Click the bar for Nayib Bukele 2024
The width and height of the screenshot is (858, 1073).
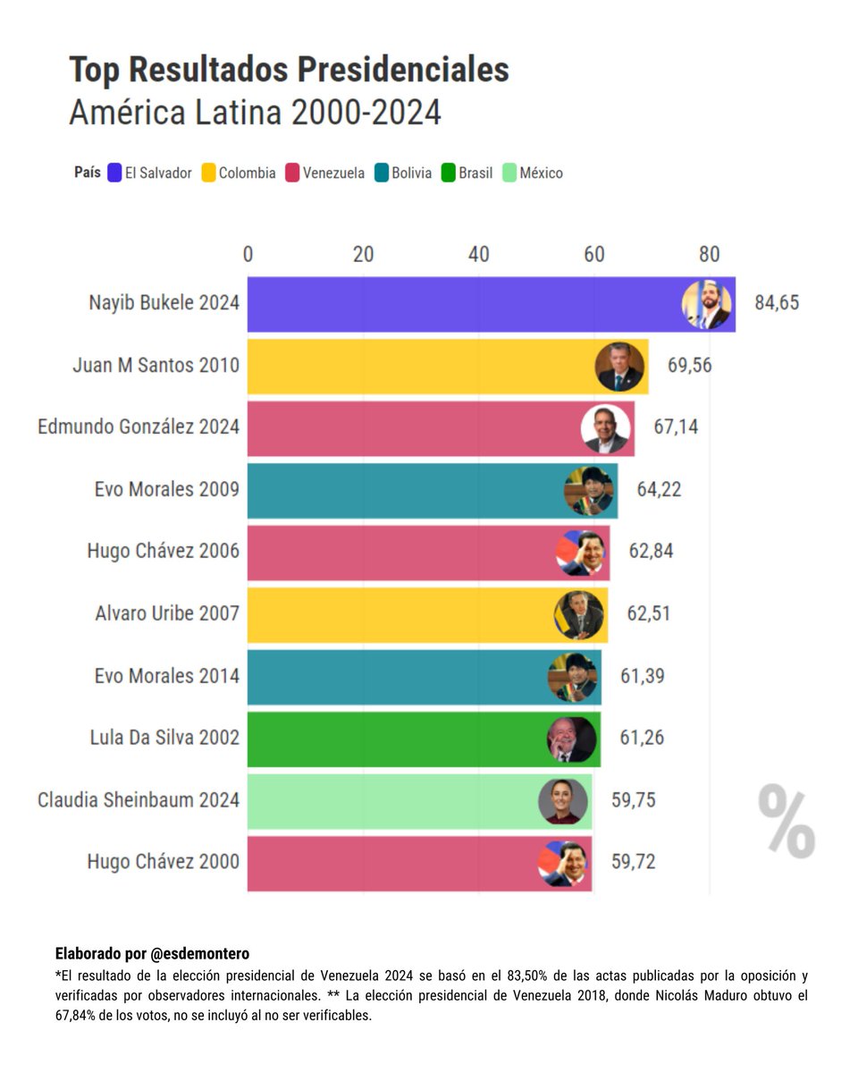click(465, 304)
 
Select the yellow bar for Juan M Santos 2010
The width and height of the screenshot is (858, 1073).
click(420, 366)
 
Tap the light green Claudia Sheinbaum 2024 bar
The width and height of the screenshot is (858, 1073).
click(393, 800)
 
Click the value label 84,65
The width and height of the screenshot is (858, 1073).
click(776, 303)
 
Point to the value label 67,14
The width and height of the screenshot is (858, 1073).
click(676, 427)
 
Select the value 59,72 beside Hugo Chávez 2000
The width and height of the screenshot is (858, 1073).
click(633, 863)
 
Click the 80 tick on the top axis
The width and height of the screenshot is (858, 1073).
click(709, 255)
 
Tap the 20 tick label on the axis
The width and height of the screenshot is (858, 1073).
click(363, 255)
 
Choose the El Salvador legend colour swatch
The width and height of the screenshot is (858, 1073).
click(114, 173)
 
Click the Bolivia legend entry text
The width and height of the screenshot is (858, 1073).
click(411, 173)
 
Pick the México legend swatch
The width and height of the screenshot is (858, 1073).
click(510, 173)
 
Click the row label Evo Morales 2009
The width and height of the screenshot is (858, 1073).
click(166, 489)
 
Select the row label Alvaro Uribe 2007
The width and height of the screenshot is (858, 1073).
click(167, 613)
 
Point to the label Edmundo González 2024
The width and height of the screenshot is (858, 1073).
click(139, 427)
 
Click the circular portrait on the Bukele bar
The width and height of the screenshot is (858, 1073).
click(706, 305)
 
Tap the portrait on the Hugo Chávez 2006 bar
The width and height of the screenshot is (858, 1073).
click(580, 553)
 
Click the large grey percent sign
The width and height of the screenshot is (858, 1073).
click(786, 821)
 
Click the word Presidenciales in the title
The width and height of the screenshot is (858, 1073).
click(403, 70)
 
